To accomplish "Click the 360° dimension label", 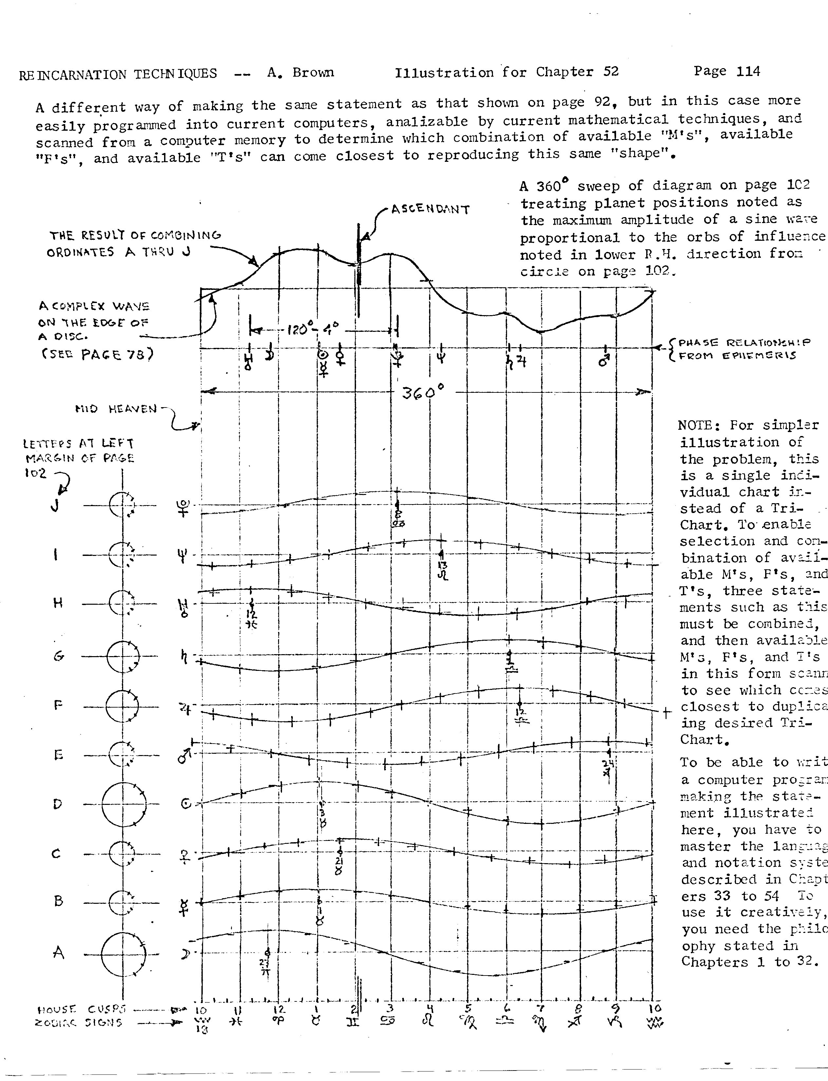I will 423,392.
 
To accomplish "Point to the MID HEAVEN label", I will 116,408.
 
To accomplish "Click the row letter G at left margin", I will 59,656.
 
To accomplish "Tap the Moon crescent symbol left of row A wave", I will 185,954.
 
